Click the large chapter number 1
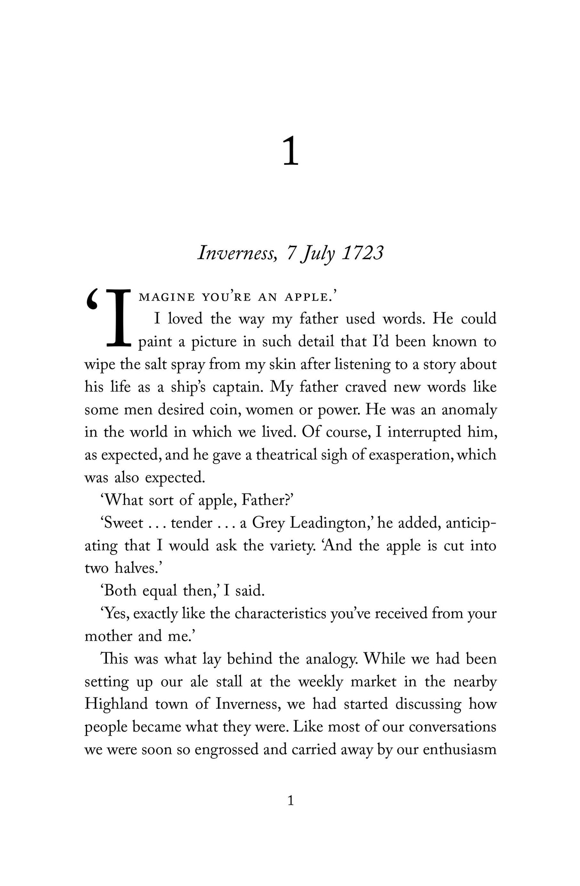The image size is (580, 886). (x=291, y=152)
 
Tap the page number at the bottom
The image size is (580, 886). (x=291, y=801)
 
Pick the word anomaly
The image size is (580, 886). (x=469, y=410)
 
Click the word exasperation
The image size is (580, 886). (x=410, y=456)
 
